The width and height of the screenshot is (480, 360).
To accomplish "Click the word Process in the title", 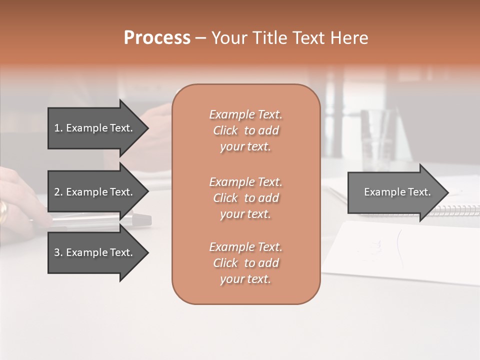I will coord(157,38).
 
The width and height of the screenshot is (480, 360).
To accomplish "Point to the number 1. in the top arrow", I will coord(58,128).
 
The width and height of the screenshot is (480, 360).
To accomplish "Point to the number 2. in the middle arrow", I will coord(58,192).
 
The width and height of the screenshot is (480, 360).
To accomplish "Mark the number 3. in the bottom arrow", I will coord(58,252).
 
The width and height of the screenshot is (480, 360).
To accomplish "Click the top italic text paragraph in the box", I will coord(245,130).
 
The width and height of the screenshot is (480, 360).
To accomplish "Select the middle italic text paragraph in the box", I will coord(245,198).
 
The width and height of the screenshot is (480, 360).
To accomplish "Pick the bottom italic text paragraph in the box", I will coord(245,263).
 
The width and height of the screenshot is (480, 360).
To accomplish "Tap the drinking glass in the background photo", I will coord(375,140).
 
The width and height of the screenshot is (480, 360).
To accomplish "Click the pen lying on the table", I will coord(100,220).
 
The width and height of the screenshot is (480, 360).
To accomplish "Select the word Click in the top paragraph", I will coord(225,130).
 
